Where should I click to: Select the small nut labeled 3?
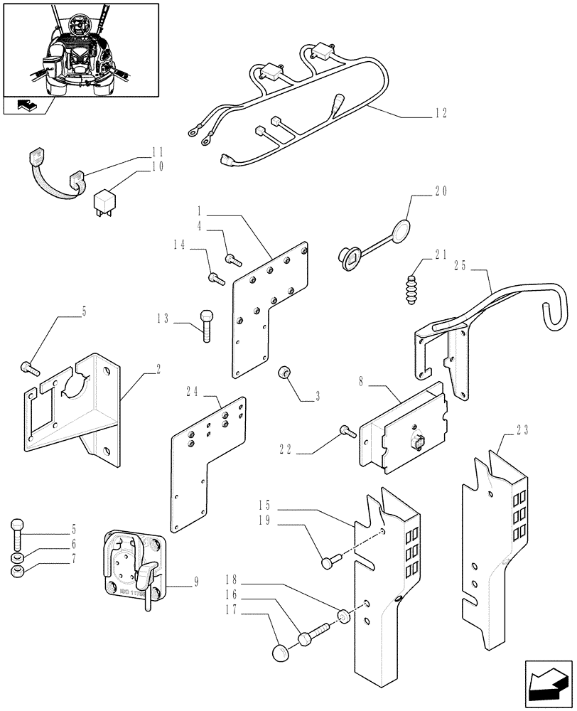(285, 373)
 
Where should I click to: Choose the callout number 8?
(362, 381)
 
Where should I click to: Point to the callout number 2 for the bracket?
(158, 370)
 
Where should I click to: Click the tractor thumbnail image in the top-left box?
(80, 48)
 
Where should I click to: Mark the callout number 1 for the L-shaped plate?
(200, 210)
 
